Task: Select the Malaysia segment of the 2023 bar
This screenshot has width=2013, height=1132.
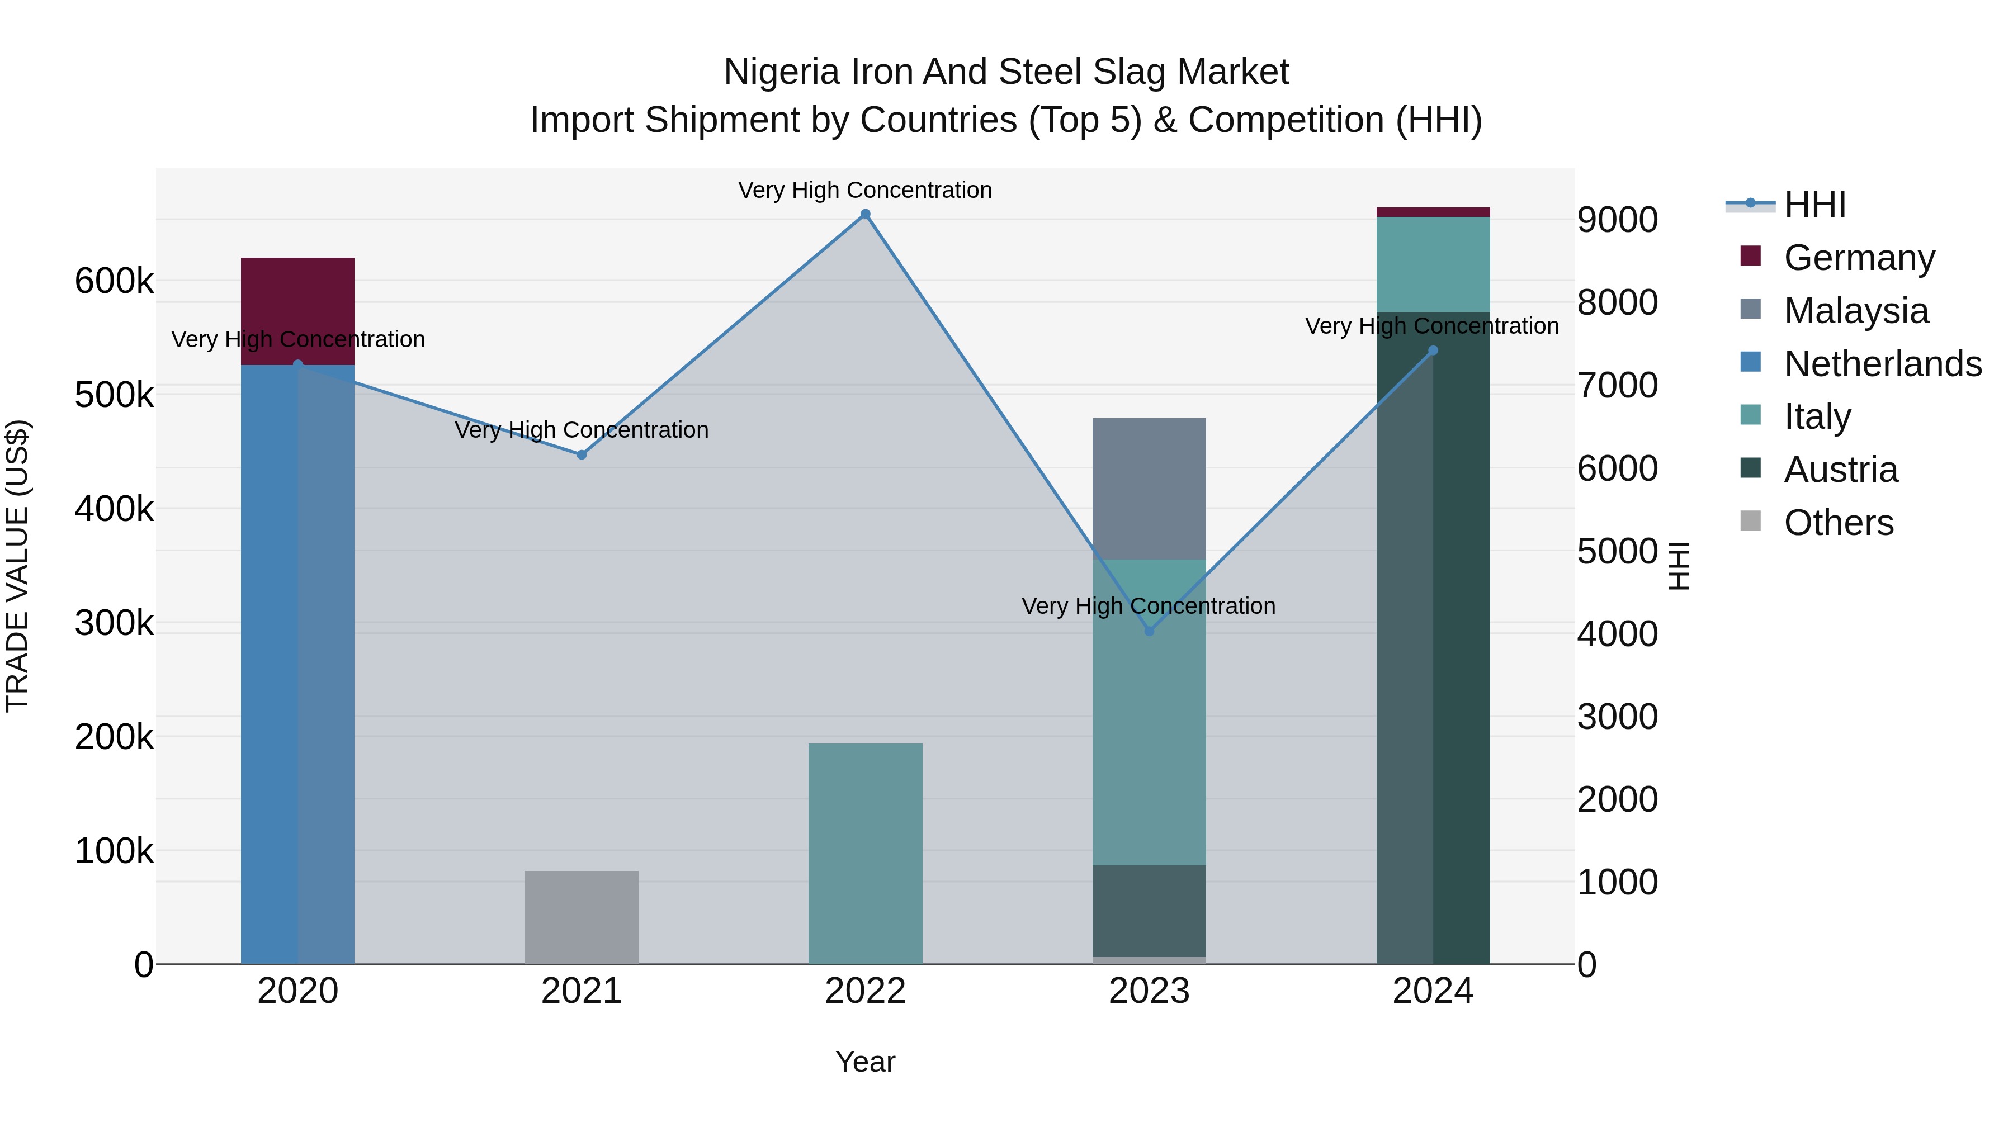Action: (x=1149, y=488)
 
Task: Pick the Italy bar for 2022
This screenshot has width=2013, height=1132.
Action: (x=865, y=853)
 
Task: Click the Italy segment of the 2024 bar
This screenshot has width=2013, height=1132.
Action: (x=1433, y=264)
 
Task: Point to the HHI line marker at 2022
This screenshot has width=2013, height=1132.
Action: (x=865, y=214)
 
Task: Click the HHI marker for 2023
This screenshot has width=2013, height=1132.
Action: (x=1149, y=631)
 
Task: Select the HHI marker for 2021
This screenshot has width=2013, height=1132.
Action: (x=582, y=454)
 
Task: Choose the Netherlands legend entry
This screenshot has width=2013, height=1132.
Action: (x=1882, y=364)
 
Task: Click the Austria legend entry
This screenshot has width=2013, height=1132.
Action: (x=1840, y=470)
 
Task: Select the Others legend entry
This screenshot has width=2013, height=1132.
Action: (x=1838, y=523)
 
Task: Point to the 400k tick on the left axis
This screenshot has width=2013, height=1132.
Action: (x=114, y=509)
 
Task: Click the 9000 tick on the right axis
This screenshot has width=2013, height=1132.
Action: (x=1617, y=220)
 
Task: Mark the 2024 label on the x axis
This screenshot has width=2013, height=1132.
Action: (x=1433, y=991)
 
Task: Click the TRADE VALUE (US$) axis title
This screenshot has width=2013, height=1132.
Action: (x=17, y=566)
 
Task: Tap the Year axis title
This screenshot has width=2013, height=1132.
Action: (x=865, y=1062)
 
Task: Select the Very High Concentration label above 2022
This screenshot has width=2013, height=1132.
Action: (x=865, y=190)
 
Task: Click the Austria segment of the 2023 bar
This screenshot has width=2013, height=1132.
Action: (x=1149, y=910)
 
